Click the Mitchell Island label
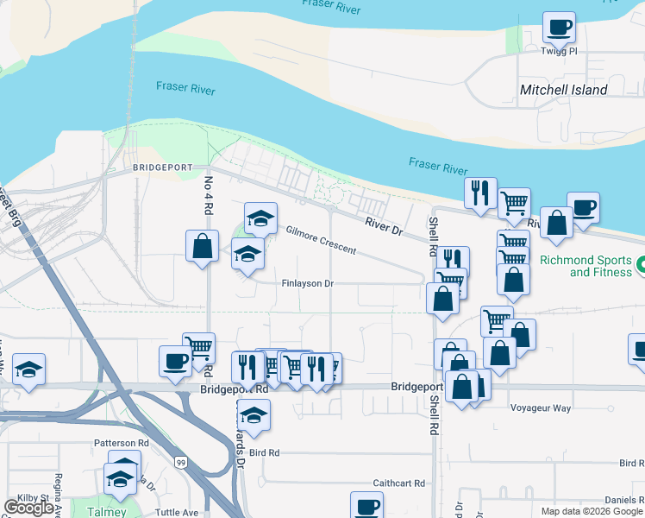pyautogui.click(x=563, y=90)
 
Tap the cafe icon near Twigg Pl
pyautogui.click(x=559, y=28)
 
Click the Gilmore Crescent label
pyautogui.click(x=321, y=241)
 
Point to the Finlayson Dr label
pyautogui.click(x=306, y=283)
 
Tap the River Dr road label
pyautogui.click(x=383, y=226)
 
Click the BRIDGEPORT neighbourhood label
pyautogui.click(x=160, y=167)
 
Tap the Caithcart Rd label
pyautogui.click(x=399, y=483)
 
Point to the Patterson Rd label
pyautogui.click(x=122, y=443)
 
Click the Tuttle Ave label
pyautogui.click(x=178, y=512)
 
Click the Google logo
pyautogui.click(x=28, y=509)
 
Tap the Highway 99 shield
pyautogui.click(x=181, y=464)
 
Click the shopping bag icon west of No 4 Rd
pyautogui.click(x=202, y=246)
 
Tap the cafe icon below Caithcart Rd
pyautogui.click(x=366, y=506)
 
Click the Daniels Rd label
pyautogui.click(x=623, y=500)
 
